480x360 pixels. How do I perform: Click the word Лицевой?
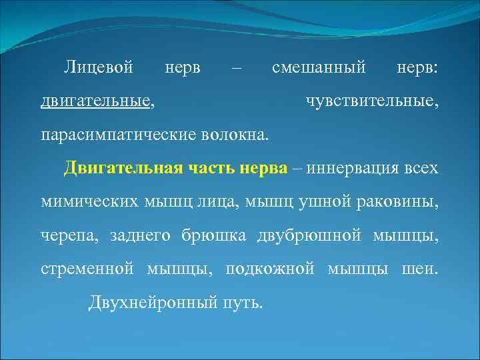click(99, 67)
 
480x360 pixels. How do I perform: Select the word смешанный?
click(319, 67)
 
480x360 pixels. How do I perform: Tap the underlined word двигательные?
click(95, 101)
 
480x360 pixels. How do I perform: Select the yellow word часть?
click(201, 167)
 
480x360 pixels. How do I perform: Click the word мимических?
click(87, 201)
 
